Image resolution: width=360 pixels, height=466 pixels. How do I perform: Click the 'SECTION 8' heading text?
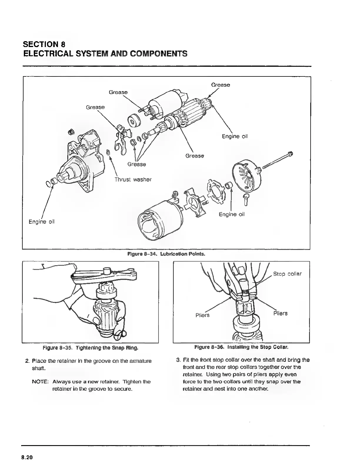44,44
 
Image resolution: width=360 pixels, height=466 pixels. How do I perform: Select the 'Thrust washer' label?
133,179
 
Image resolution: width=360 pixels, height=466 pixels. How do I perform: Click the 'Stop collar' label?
287,274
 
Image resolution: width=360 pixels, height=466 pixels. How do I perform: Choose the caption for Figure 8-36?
241,347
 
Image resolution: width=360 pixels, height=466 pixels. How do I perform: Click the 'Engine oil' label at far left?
41,221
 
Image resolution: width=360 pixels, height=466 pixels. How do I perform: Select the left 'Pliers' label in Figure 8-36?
203,315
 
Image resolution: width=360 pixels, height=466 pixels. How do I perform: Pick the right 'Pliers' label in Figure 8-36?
280,313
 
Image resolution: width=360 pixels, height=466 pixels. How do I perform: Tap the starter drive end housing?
79,165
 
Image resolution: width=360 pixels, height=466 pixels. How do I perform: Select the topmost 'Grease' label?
221,85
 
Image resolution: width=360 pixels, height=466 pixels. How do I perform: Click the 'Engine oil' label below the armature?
235,136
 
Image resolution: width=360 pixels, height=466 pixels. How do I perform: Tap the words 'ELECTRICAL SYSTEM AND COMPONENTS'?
105,54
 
